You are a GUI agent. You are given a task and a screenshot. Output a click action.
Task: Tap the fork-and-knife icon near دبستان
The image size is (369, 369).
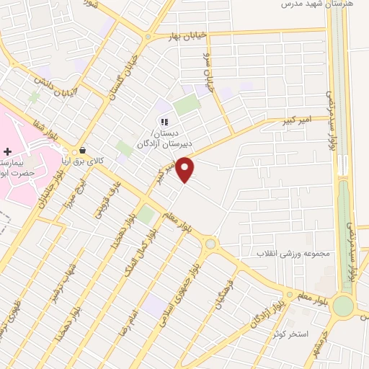click(164, 123)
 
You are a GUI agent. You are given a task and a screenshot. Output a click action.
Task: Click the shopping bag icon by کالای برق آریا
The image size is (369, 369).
click(84, 151)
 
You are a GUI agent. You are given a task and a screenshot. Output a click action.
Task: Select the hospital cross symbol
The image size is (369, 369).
click(7, 151)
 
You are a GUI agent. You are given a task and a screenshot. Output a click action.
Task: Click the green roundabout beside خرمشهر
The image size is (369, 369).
click(343, 306)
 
